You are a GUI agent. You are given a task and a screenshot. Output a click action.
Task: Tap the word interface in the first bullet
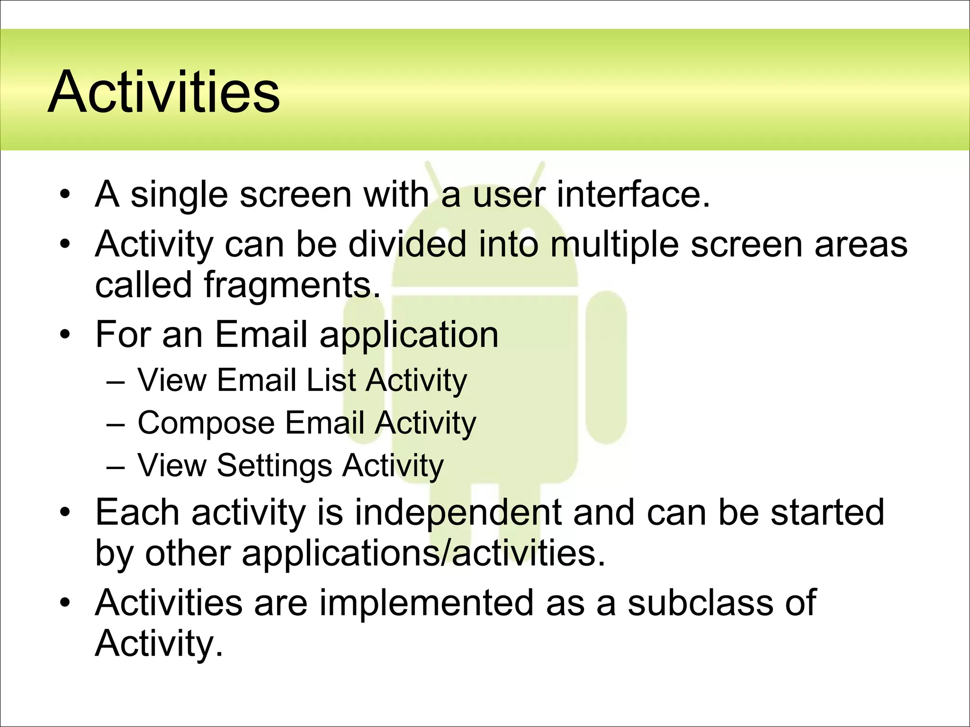click(633, 195)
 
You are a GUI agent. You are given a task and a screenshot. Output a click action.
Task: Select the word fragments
click(292, 285)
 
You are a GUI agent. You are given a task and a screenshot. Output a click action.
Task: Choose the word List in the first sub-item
click(331, 380)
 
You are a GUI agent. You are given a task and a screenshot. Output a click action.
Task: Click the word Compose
click(206, 423)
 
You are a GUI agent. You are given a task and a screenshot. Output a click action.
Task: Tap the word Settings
click(274, 466)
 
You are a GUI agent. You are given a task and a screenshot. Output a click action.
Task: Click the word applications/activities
click(423, 553)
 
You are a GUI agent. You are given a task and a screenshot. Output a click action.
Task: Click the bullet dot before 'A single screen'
click(65, 195)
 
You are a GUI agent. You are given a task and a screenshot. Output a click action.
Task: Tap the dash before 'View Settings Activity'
click(116, 467)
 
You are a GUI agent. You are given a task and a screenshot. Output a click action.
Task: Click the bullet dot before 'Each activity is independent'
click(65, 513)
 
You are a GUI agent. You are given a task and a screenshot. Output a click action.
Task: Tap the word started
click(827, 513)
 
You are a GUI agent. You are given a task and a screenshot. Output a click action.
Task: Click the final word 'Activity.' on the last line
click(159, 643)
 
